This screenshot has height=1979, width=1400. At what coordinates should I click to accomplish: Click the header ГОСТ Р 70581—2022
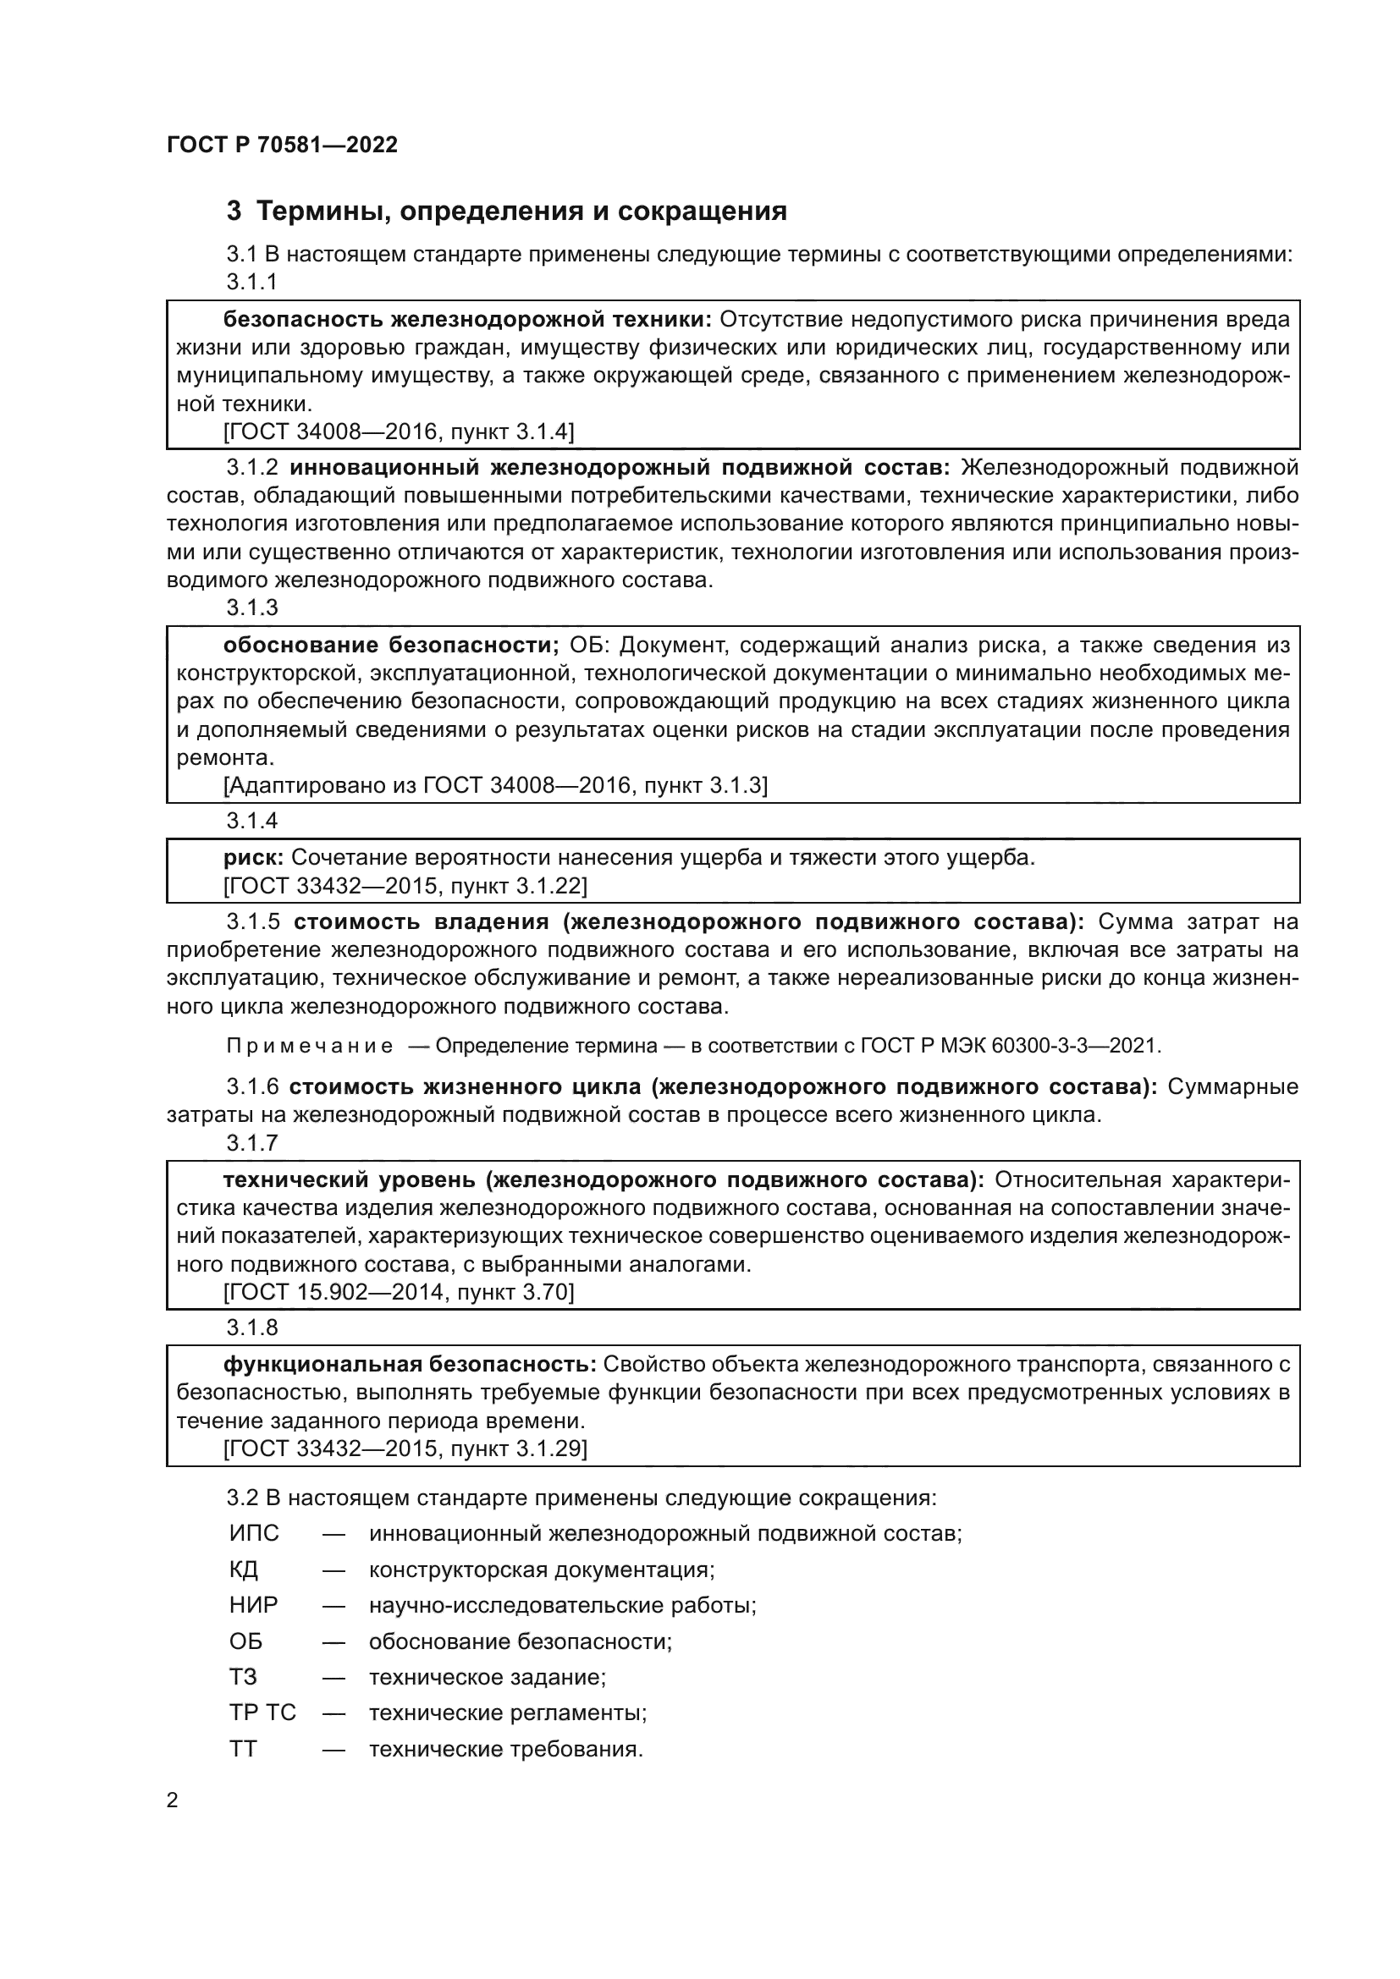282,145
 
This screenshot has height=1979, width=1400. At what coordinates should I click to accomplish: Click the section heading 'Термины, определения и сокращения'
521,212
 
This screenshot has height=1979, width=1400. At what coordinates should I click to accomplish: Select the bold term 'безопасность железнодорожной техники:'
467,320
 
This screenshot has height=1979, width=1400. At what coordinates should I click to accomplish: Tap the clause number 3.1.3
251,607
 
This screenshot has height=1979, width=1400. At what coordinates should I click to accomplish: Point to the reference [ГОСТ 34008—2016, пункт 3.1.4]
399,432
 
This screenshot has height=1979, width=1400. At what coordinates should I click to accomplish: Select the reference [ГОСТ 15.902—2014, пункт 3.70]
399,1292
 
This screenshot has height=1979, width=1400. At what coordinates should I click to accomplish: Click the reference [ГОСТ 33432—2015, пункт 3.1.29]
405,1449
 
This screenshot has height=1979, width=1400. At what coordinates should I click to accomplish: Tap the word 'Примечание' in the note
310,1047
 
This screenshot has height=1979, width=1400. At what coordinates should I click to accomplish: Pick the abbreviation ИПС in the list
254,1533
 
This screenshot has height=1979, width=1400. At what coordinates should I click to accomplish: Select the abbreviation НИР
253,1605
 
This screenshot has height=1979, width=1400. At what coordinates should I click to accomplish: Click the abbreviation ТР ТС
262,1712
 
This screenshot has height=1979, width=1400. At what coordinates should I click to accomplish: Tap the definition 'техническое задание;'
487,1677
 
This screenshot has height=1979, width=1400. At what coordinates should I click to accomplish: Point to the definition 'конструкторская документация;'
542,1569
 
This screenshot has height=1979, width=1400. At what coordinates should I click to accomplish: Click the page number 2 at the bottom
173,1800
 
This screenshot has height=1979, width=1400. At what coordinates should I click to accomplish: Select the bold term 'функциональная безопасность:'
410,1365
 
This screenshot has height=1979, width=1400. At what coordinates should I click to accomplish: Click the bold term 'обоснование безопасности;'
391,646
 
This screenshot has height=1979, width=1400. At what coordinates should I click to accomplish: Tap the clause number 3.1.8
251,1328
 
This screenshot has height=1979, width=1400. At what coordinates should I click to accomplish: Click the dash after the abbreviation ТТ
333,1750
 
